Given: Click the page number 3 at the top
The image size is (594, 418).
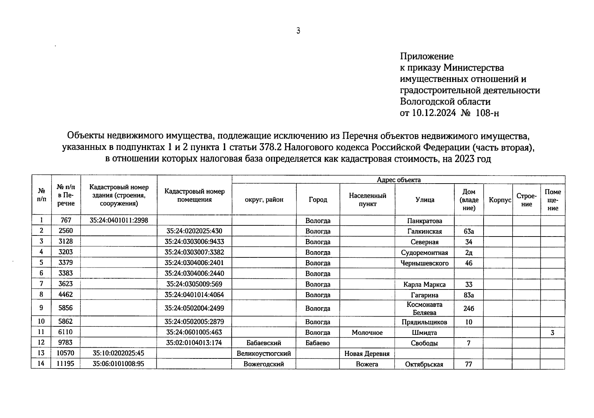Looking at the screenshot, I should pyautogui.click(x=298, y=31).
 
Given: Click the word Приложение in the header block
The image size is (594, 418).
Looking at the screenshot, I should pyautogui.click(x=426, y=56).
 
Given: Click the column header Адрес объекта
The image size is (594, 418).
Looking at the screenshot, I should pyautogui.click(x=399, y=180).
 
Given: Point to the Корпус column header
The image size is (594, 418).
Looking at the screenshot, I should pyautogui.click(x=500, y=200).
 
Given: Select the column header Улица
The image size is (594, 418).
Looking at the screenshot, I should pyautogui.click(x=425, y=200).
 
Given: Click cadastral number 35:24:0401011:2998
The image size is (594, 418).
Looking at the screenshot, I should pyautogui.click(x=118, y=220).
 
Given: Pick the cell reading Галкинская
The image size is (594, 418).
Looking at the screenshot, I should pyautogui.click(x=425, y=232).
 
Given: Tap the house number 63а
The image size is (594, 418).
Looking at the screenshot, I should pyautogui.click(x=469, y=232).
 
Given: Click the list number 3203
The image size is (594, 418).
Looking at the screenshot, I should pyautogui.click(x=65, y=252).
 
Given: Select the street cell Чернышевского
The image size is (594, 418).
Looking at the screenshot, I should pyautogui.click(x=425, y=263).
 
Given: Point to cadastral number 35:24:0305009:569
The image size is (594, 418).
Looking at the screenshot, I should pyautogui.click(x=194, y=284).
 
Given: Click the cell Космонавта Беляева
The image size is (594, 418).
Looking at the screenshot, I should pyautogui.click(x=425, y=308).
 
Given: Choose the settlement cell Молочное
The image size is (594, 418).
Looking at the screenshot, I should pyautogui.click(x=367, y=333).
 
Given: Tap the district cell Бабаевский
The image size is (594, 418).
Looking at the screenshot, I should pyautogui.click(x=264, y=343).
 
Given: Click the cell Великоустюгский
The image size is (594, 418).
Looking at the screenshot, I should pyautogui.click(x=264, y=354).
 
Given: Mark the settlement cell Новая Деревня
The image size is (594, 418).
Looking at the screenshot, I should pyautogui.click(x=367, y=354).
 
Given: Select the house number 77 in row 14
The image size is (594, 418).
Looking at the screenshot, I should pyautogui.click(x=469, y=364).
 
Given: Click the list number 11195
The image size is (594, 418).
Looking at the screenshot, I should pyautogui.click(x=65, y=364).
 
